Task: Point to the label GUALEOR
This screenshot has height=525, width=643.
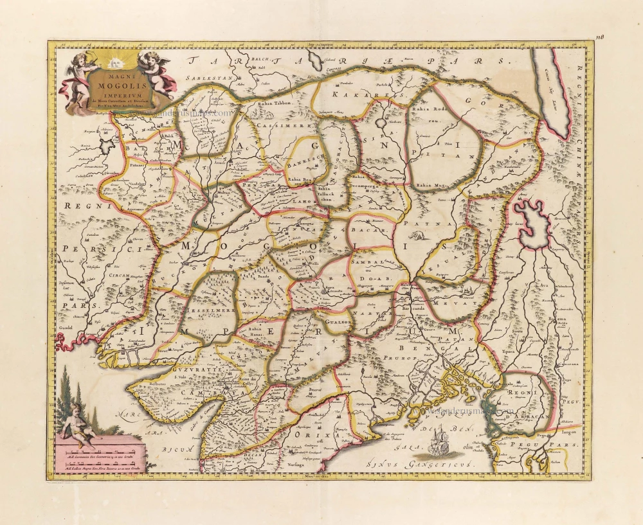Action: point(337,321)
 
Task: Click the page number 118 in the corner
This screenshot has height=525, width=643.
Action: point(601,37)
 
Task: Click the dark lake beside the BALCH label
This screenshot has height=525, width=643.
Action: point(316,61)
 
